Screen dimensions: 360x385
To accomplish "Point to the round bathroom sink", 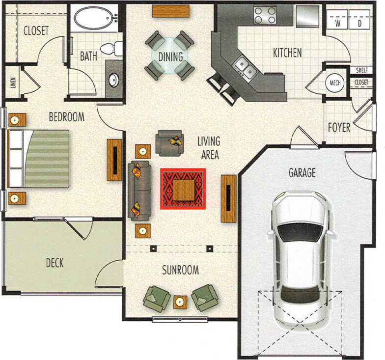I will click(x=114, y=80).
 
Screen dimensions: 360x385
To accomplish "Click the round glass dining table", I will click(x=170, y=55).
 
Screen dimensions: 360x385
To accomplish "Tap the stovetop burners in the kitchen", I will click(x=265, y=15).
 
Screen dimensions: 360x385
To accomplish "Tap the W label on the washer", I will click(x=338, y=23).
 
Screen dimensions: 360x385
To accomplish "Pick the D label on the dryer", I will click(x=359, y=23).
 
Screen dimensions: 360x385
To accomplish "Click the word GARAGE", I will click(x=302, y=173).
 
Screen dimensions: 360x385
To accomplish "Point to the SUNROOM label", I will click(x=180, y=270).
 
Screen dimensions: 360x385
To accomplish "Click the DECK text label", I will click(x=55, y=263).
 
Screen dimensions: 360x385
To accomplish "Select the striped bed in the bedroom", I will click(x=39, y=159).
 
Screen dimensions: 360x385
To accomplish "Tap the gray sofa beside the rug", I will click(x=139, y=189).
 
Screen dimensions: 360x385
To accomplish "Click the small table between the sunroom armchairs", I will click(x=180, y=302).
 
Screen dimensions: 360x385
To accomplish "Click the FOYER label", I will click(x=339, y=128).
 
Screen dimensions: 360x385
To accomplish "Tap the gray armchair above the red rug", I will click(x=169, y=142).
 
